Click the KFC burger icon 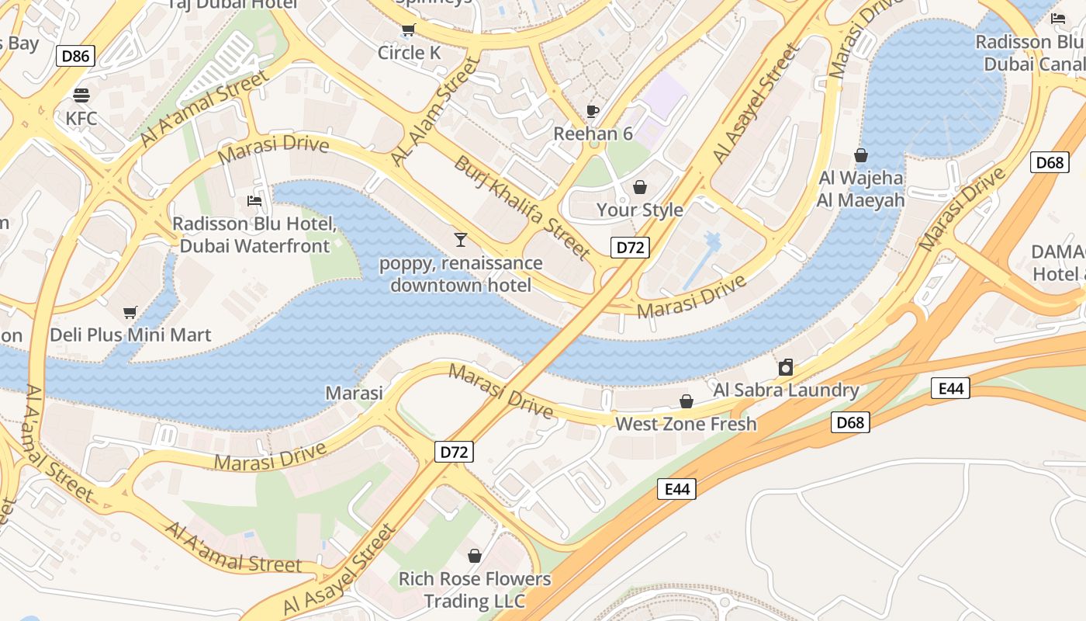81,95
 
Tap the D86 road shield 76,55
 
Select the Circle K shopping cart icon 408,30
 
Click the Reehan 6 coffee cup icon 593,111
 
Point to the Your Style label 639,210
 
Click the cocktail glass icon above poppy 461,239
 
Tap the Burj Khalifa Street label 522,207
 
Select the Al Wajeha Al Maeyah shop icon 860,155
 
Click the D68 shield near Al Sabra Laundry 850,422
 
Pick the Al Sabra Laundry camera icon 786,367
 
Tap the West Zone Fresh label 686,424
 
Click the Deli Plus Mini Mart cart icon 130,312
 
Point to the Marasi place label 354,393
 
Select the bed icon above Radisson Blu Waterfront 254,201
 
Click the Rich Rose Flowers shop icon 475,556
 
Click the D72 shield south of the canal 454,452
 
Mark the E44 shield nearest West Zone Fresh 676,489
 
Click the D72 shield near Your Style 630,248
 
